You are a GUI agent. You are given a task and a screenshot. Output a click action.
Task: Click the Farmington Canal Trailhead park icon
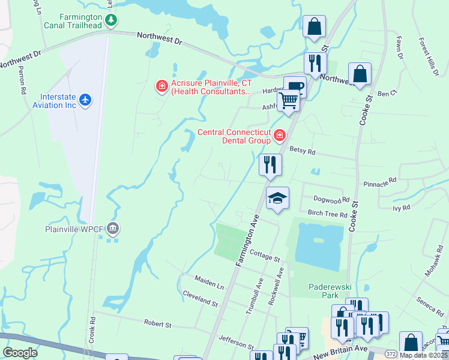pyautogui.click(x=110, y=21)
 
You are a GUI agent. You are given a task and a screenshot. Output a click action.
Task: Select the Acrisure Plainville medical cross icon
pyautogui.click(x=161, y=87)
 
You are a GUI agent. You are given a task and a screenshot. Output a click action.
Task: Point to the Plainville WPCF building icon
pyautogui.click(x=113, y=229)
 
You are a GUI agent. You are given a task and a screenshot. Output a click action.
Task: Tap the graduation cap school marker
pyautogui.click(x=277, y=198)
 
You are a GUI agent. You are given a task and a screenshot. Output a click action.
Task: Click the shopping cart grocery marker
pyautogui.click(x=289, y=101)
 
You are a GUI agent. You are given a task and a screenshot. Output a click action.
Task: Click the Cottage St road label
pyautogui.click(x=265, y=257)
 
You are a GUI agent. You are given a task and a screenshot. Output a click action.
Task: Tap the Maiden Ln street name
pyautogui.click(x=209, y=280)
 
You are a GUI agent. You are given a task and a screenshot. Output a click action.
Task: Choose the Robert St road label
pyautogui.click(x=158, y=323)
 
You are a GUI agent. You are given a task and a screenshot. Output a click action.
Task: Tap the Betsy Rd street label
pyautogui.click(x=302, y=151)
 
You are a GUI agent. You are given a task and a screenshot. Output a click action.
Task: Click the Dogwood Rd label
pyautogui.click(x=331, y=200)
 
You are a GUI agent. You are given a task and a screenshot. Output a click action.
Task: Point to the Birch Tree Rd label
pyautogui.click(x=327, y=214)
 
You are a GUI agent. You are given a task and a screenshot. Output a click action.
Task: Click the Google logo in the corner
pyautogui.click(x=20, y=352)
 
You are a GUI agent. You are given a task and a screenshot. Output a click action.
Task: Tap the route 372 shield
pyautogui.click(x=391, y=353)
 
